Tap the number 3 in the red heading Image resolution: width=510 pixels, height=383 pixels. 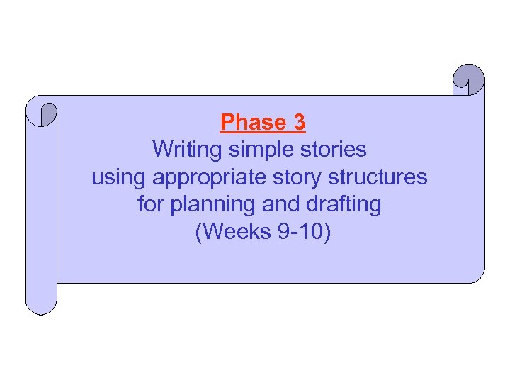[x=298, y=123]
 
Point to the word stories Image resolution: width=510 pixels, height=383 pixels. [x=336, y=150]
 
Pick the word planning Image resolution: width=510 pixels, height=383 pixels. [x=210, y=205]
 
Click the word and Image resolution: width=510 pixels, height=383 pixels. [x=282, y=204]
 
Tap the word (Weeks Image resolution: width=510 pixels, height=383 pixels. [x=229, y=232]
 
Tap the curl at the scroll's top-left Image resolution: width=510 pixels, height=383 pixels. [x=43, y=113]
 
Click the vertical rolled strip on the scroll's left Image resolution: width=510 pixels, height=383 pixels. [x=41, y=213]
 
